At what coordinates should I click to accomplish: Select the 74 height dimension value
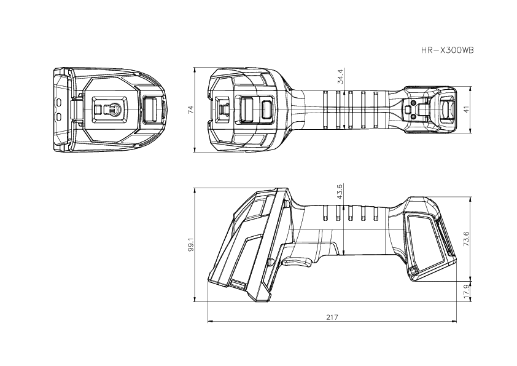[190, 109]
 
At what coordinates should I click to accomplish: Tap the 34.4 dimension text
[340, 76]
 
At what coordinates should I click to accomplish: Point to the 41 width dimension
[467, 109]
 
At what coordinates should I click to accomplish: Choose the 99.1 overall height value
[190, 245]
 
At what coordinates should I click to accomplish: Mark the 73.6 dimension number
[467, 239]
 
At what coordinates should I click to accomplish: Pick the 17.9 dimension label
[467, 292]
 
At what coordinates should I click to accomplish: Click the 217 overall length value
[332, 317]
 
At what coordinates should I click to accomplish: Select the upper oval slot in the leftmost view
[59, 101]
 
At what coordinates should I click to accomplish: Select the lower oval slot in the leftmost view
[59, 116]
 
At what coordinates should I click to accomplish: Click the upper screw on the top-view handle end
[414, 101]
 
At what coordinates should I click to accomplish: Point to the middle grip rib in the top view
[351, 109]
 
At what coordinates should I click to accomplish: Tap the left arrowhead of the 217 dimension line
[209, 321]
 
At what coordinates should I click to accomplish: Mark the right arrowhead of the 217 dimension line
[455, 321]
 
